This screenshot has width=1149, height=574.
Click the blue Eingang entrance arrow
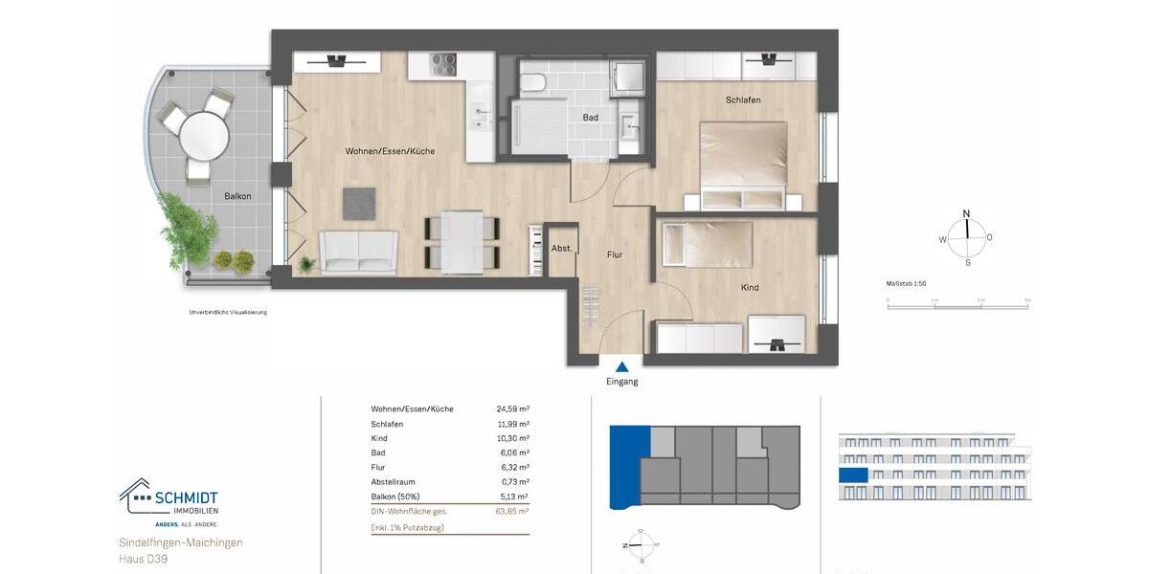(622, 365)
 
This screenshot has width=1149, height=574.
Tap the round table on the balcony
(204, 136)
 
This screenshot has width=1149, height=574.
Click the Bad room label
(590, 118)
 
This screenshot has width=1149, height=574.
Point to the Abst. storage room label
(562, 249)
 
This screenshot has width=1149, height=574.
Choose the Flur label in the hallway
(614, 255)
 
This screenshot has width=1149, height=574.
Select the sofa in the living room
(358, 252)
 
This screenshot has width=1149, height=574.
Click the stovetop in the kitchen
(443, 64)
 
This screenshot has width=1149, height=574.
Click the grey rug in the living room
(359, 202)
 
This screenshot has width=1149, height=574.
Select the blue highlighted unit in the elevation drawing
(853, 475)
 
